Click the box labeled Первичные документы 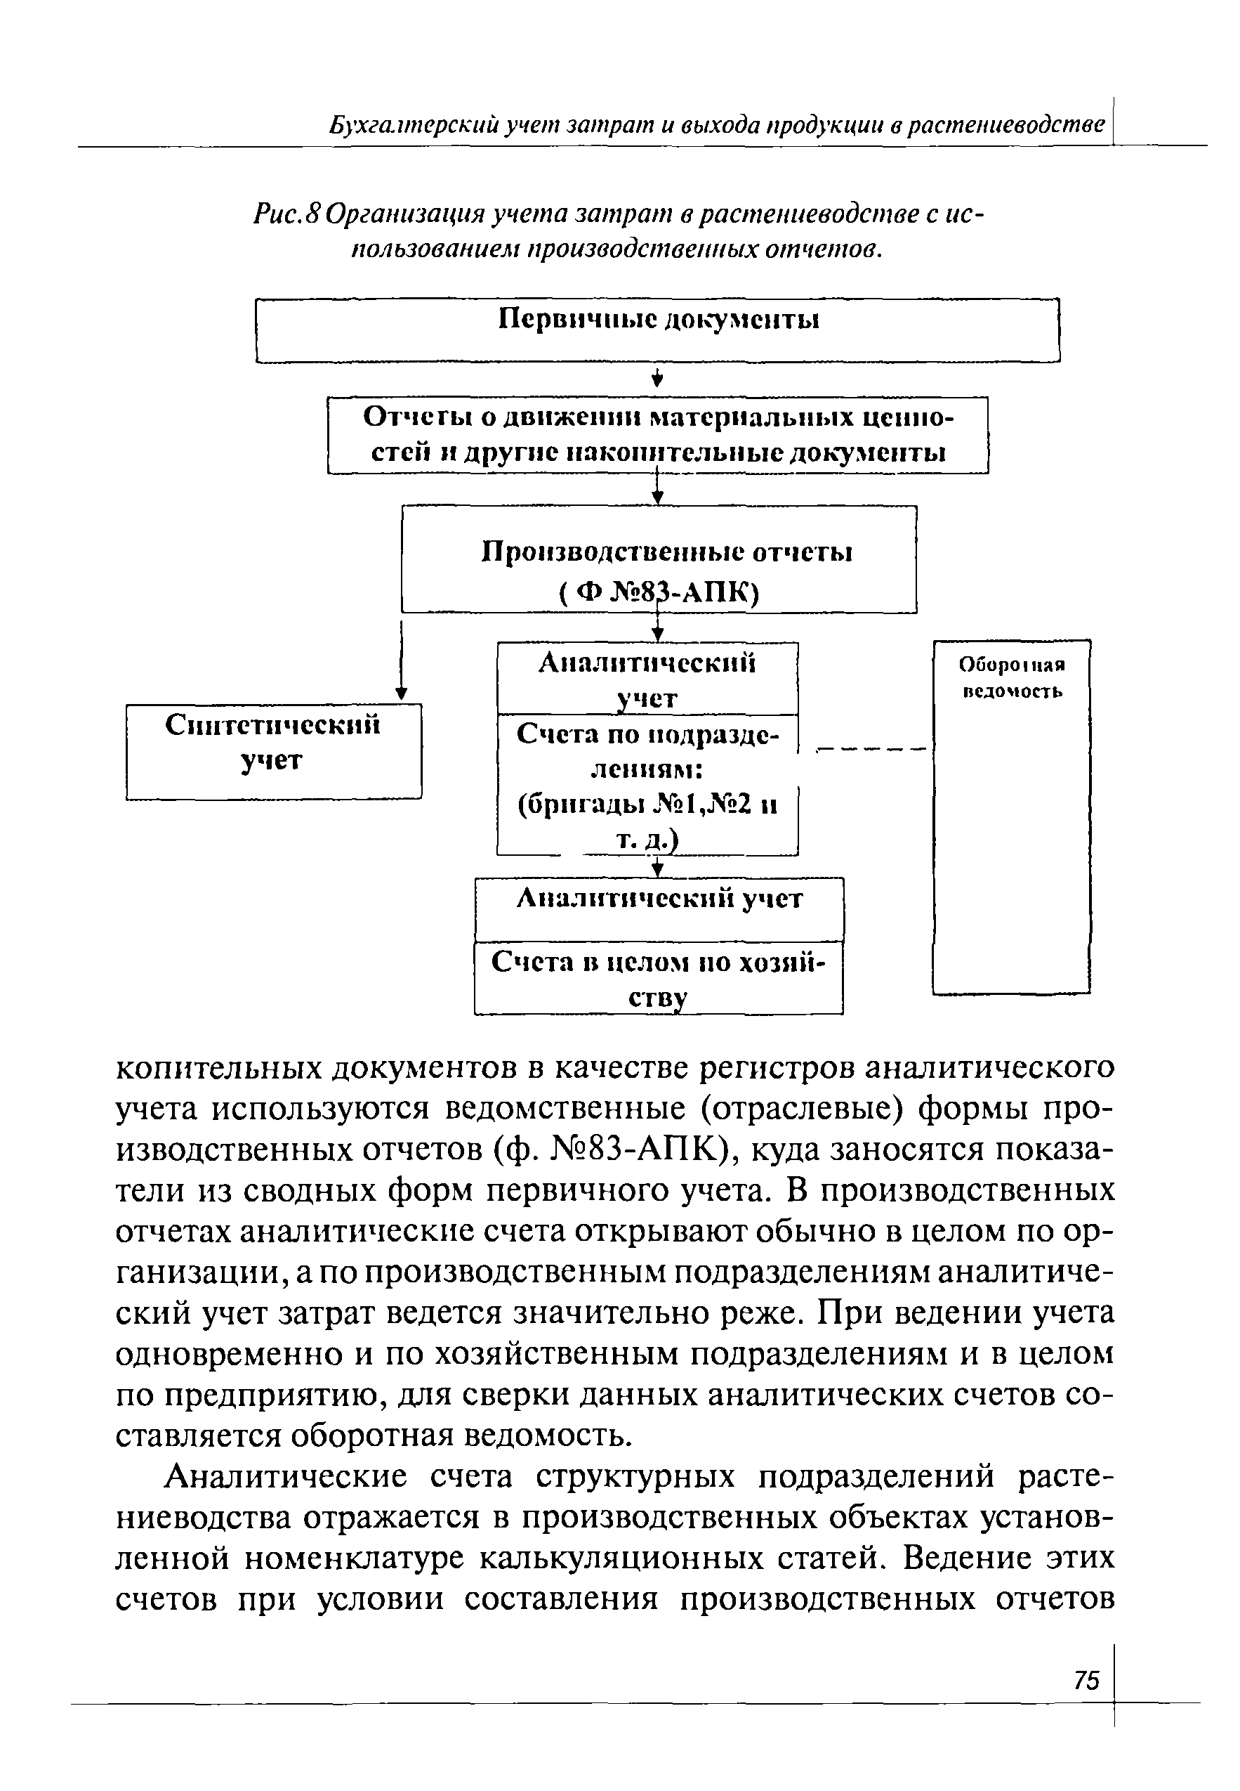[x=658, y=330]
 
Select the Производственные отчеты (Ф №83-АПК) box [x=659, y=558]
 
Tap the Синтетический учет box [x=273, y=750]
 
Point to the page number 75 [x=1087, y=1681]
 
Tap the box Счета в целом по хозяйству [x=659, y=978]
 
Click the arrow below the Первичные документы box [x=659, y=379]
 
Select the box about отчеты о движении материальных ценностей [x=658, y=436]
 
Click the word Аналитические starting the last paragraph [x=286, y=1476]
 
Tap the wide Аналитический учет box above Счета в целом [x=659, y=908]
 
